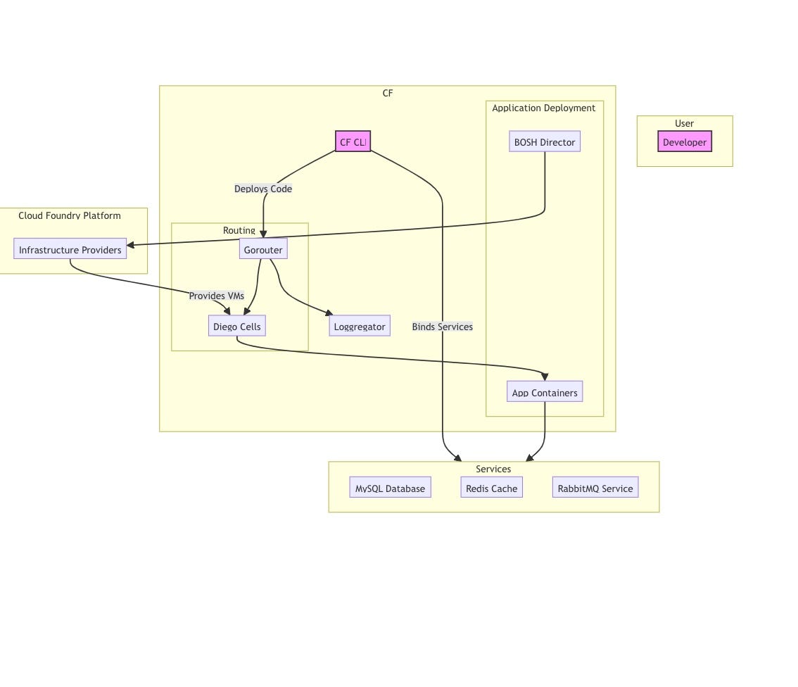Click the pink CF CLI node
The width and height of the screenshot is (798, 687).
(353, 141)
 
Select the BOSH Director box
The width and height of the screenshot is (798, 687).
(545, 141)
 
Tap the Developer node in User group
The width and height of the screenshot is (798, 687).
(685, 141)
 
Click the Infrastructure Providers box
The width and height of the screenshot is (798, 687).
(70, 249)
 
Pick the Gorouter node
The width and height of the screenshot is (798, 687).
(263, 249)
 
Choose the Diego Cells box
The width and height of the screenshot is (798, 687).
(237, 326)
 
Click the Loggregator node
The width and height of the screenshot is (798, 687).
(360, 326)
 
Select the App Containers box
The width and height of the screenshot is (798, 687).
(545, 392)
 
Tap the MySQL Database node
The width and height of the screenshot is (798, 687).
(390, 488)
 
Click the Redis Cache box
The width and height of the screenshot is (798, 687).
(491, 488)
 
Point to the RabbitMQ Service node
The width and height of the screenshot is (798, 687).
(595, 488)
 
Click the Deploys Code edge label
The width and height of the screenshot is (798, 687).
(263, 189)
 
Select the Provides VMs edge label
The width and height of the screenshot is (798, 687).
(217, 296)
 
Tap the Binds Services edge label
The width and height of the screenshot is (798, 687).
(442, 327)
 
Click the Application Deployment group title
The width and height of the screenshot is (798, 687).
(543, 108)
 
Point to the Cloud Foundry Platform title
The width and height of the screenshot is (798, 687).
(70, 215)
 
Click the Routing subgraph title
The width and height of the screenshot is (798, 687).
(239, 230)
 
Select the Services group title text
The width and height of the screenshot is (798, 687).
(493, 469)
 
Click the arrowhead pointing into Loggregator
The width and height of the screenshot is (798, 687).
(329, 313)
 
